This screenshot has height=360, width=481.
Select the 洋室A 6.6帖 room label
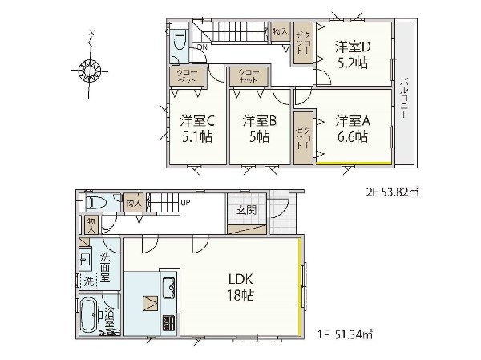[352, 129]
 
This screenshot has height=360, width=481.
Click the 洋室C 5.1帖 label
[196, 129]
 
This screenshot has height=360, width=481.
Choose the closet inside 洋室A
[304, 137]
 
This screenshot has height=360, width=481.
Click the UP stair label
[185, 201]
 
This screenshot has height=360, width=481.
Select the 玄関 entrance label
[246, 211]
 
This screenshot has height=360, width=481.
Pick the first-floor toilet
[95, 203]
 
